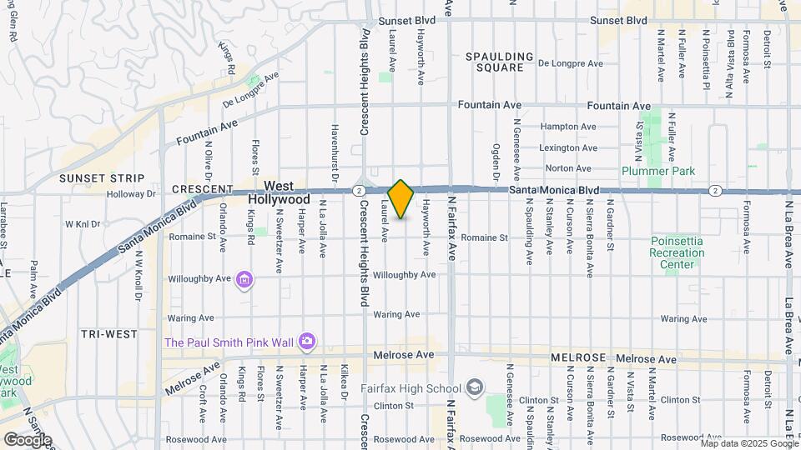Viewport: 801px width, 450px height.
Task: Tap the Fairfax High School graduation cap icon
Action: (475, 387)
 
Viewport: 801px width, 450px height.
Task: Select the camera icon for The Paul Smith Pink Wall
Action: (307, 341)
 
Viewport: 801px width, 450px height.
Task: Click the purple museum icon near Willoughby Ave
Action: (244, 279)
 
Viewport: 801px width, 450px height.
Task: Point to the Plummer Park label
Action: (657, 171)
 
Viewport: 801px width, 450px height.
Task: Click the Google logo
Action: (27, 439)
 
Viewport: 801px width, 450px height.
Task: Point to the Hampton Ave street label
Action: (568, 127)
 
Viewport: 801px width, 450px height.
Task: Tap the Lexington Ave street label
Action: (568, 148)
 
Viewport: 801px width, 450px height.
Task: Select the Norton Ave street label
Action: (568, 169)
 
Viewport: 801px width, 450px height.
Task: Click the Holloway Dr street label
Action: (132, 194)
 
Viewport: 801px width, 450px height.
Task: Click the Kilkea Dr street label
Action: (343, 385)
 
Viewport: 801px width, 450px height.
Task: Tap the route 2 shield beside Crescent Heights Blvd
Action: (356, 191)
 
